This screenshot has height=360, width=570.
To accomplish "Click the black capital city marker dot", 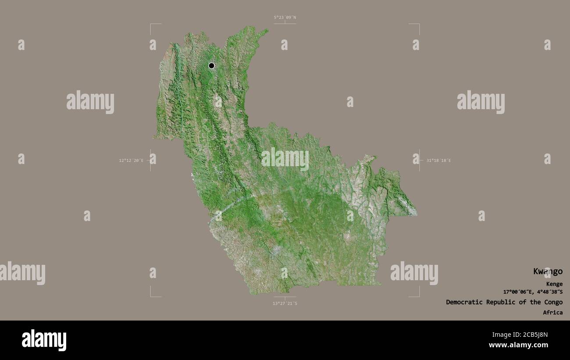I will [211, 66].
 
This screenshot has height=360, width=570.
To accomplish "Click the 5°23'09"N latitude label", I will [285, 18].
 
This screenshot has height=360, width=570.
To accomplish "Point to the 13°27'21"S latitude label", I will [285, 303].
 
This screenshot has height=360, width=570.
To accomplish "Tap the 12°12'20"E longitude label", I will [131, 160].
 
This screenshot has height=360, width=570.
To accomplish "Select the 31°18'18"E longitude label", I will [438, 160].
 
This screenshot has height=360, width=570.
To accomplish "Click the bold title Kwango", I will [548, 271].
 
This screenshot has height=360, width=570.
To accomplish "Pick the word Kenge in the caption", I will [554, 284].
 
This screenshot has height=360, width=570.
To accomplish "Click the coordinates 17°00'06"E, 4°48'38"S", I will [533, 292].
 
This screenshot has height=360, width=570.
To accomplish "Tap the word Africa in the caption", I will [552, 313].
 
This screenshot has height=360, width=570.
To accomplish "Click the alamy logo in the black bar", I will [44, 340].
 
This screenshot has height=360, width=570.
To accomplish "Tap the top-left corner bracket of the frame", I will [151, 25].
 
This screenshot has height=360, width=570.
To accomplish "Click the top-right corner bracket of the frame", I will [419, 25].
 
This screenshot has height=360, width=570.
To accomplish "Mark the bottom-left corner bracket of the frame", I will [151, 296].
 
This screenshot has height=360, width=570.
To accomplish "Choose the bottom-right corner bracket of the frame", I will [419, 296].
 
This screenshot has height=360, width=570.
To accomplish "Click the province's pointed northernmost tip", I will [267, 30].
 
